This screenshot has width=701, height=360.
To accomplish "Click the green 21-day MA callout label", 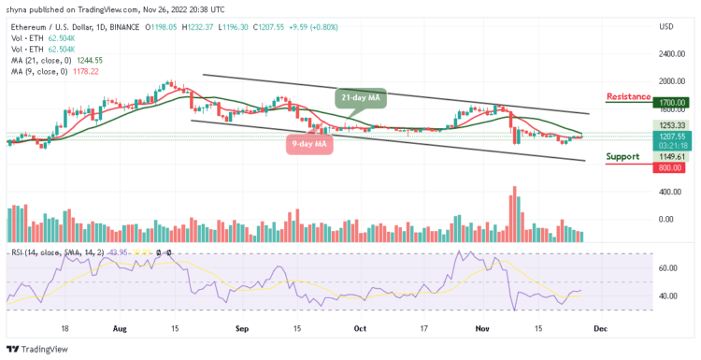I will point(360,96).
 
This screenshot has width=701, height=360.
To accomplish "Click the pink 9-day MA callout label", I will point(308,143).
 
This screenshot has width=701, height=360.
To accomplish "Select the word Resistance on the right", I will point(628,96).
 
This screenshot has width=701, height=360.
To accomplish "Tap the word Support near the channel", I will point(622,156).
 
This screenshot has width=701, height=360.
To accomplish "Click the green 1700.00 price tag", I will point(672,102).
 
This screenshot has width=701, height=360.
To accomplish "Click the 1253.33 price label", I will point(671,124).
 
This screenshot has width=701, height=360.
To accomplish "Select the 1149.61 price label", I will point(671,156).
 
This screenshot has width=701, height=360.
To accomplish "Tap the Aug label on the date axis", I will point(120,329).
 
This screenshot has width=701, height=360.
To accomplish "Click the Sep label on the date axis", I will point(241,329).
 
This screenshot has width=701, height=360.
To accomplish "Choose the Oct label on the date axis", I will point(360,329).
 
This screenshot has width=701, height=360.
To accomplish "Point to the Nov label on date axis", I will point(482,329).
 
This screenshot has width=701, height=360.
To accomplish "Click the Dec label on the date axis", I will point(598,329).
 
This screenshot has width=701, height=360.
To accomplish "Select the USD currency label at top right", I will point(666,27).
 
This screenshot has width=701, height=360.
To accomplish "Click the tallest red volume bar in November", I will point(513,216).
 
